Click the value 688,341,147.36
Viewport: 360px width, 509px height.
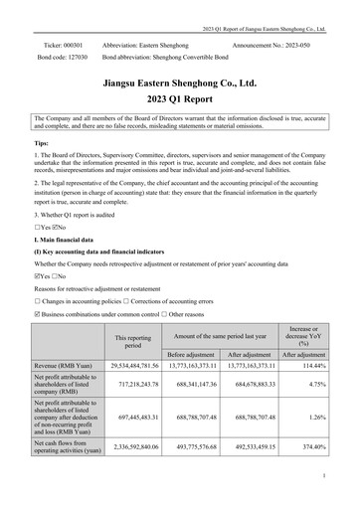click(x=196, y=384)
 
